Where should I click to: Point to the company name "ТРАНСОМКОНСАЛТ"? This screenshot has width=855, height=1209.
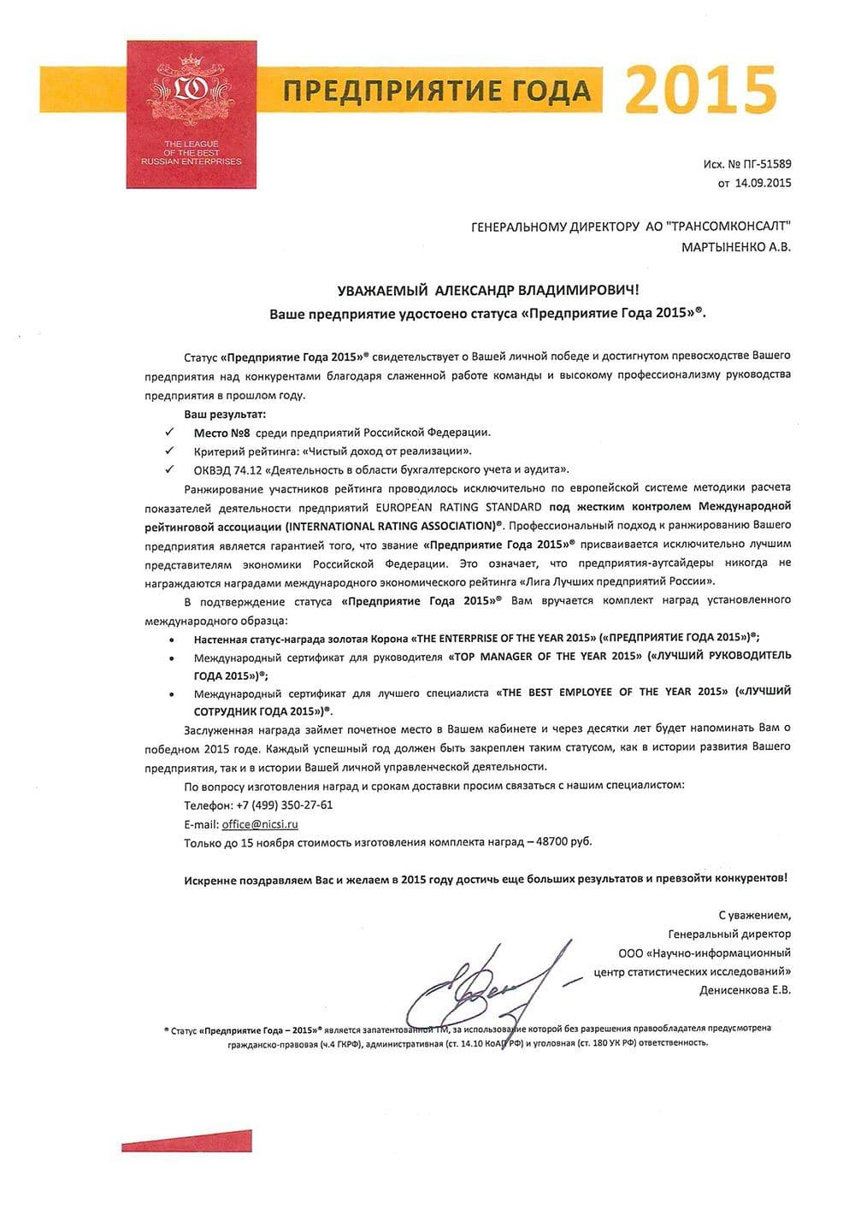click(727, 227)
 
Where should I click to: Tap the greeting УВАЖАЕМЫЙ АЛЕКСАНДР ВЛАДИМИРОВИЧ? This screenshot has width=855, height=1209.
click(488, 292)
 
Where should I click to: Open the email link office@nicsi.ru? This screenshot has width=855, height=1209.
click(260, 824)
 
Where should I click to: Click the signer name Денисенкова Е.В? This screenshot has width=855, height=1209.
click(745, 990)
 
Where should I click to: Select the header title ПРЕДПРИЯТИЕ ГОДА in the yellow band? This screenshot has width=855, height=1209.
click(437, 91)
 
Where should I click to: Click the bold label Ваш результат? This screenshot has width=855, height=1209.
click(213, 415)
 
